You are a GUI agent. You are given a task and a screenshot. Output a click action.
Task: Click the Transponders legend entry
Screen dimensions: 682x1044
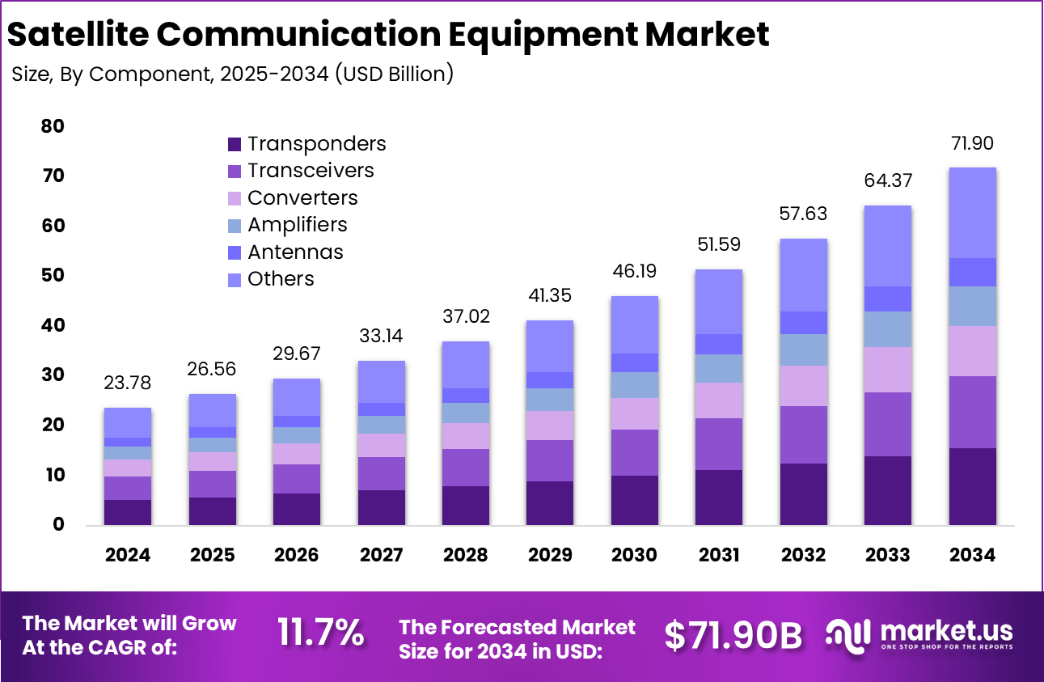307,144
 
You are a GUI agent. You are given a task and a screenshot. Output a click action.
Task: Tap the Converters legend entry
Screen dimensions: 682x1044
293,198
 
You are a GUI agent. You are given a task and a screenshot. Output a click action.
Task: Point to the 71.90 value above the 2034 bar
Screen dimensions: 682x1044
972,145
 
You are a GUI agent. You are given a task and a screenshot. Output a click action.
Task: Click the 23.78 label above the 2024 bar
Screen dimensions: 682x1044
128,383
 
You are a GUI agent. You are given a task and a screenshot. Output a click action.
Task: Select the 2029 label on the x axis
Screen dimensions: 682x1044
550,556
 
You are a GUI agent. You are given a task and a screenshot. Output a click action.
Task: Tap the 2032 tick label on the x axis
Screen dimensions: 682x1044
804,556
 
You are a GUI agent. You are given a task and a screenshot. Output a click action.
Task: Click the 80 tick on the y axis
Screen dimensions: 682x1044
52,126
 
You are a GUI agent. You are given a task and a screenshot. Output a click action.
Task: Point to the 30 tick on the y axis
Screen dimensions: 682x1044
52,375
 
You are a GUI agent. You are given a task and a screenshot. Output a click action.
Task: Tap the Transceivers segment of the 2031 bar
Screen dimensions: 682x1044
719,444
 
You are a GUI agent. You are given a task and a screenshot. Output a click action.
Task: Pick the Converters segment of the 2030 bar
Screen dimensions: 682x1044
635,413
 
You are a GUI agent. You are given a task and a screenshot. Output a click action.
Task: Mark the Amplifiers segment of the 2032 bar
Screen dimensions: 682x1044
804,349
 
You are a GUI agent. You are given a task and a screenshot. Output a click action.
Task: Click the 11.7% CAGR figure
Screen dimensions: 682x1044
320,633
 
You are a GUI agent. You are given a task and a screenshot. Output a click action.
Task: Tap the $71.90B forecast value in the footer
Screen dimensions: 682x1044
733,636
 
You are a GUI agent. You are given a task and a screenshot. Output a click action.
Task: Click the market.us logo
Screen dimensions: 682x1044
919,634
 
